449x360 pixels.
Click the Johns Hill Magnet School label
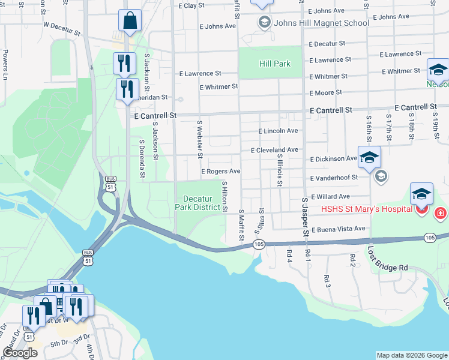[x=321, y=23]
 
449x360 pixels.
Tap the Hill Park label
[x=274, y=64]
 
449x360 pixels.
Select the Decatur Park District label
[x=197, y=203]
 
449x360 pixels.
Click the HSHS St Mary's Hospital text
[x=366, y=209]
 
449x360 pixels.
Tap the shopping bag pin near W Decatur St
[x=130, y=22]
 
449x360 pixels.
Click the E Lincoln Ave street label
[x=278, y=131]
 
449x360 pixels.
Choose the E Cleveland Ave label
[x=274, y=150]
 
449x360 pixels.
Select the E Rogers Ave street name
[x=221, y=172]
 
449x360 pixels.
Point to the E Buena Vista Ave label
[x=337, y=229]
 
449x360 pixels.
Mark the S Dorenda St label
[x=142, y=160]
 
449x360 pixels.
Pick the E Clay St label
[x=196, y=5]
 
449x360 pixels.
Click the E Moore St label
[x=325, y=92]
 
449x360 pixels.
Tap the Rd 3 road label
[x=327, y=281]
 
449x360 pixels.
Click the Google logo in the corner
[x=20, y=353]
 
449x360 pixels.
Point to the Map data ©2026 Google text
[x=411, y=355]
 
